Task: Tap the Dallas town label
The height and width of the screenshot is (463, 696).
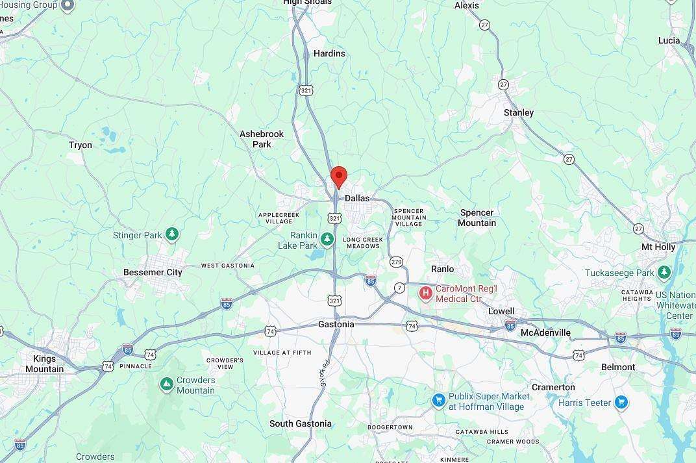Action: tap(357, 198)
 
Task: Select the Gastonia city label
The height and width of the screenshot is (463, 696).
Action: tap(336, 324)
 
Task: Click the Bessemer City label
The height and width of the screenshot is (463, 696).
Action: tap(153, 272)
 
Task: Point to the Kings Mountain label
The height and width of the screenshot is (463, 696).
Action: tap(44, 364)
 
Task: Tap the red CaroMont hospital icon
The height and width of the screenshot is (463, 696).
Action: tap(426, 294)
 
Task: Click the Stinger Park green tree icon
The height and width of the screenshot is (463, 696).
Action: tap(172, 234)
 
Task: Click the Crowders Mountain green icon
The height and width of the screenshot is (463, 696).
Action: tap(167, 385)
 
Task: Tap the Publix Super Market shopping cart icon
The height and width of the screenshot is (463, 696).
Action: tap(438, 401)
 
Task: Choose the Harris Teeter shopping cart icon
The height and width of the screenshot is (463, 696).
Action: tap(621, 403)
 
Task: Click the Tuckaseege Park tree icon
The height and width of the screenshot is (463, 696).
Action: tap(664, 273)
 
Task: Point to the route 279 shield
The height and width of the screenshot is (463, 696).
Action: tap(396, 262)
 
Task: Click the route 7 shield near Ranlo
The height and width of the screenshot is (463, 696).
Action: tap(399, 288)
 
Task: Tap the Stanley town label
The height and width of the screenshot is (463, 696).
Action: tap(519, 112)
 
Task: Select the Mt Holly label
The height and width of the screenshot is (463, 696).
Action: tap(658, 247)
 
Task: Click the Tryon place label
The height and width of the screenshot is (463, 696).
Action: tap(81, 145)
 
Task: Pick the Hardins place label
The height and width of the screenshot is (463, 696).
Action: tap(329, 53)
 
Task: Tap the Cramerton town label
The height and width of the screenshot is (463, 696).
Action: tap(553, 387)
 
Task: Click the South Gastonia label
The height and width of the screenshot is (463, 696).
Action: tap(301, 423)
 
